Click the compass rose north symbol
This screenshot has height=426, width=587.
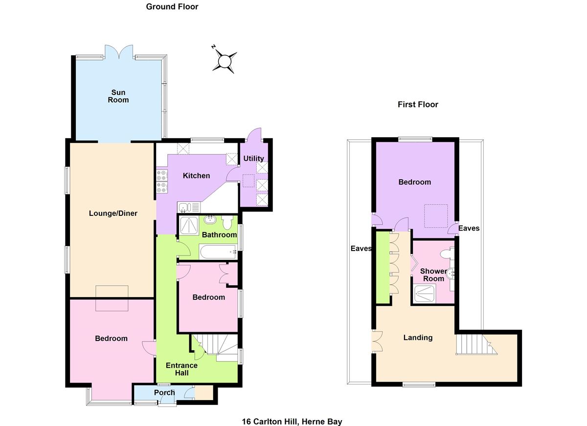[x=224, y=61]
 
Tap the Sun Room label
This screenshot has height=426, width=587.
[x=118, y=96]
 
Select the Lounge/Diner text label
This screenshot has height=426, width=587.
[x=113, y=213]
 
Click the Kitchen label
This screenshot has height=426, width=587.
[x=196, y=176]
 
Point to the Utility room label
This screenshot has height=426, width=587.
[x=253, y=158]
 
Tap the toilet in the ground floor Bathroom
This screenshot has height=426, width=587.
[x=227, y=224]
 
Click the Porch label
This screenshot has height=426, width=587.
[x=164, y=393]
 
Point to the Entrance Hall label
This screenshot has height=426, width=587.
[x=181, y=369]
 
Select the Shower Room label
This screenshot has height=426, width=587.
[x=433, y=275]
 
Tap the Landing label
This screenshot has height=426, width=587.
[x=418, y=338]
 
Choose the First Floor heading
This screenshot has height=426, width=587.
[x=417, y=105]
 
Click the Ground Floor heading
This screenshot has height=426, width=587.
[x=172, y=7]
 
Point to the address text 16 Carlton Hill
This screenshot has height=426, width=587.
[x=292, y=422]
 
